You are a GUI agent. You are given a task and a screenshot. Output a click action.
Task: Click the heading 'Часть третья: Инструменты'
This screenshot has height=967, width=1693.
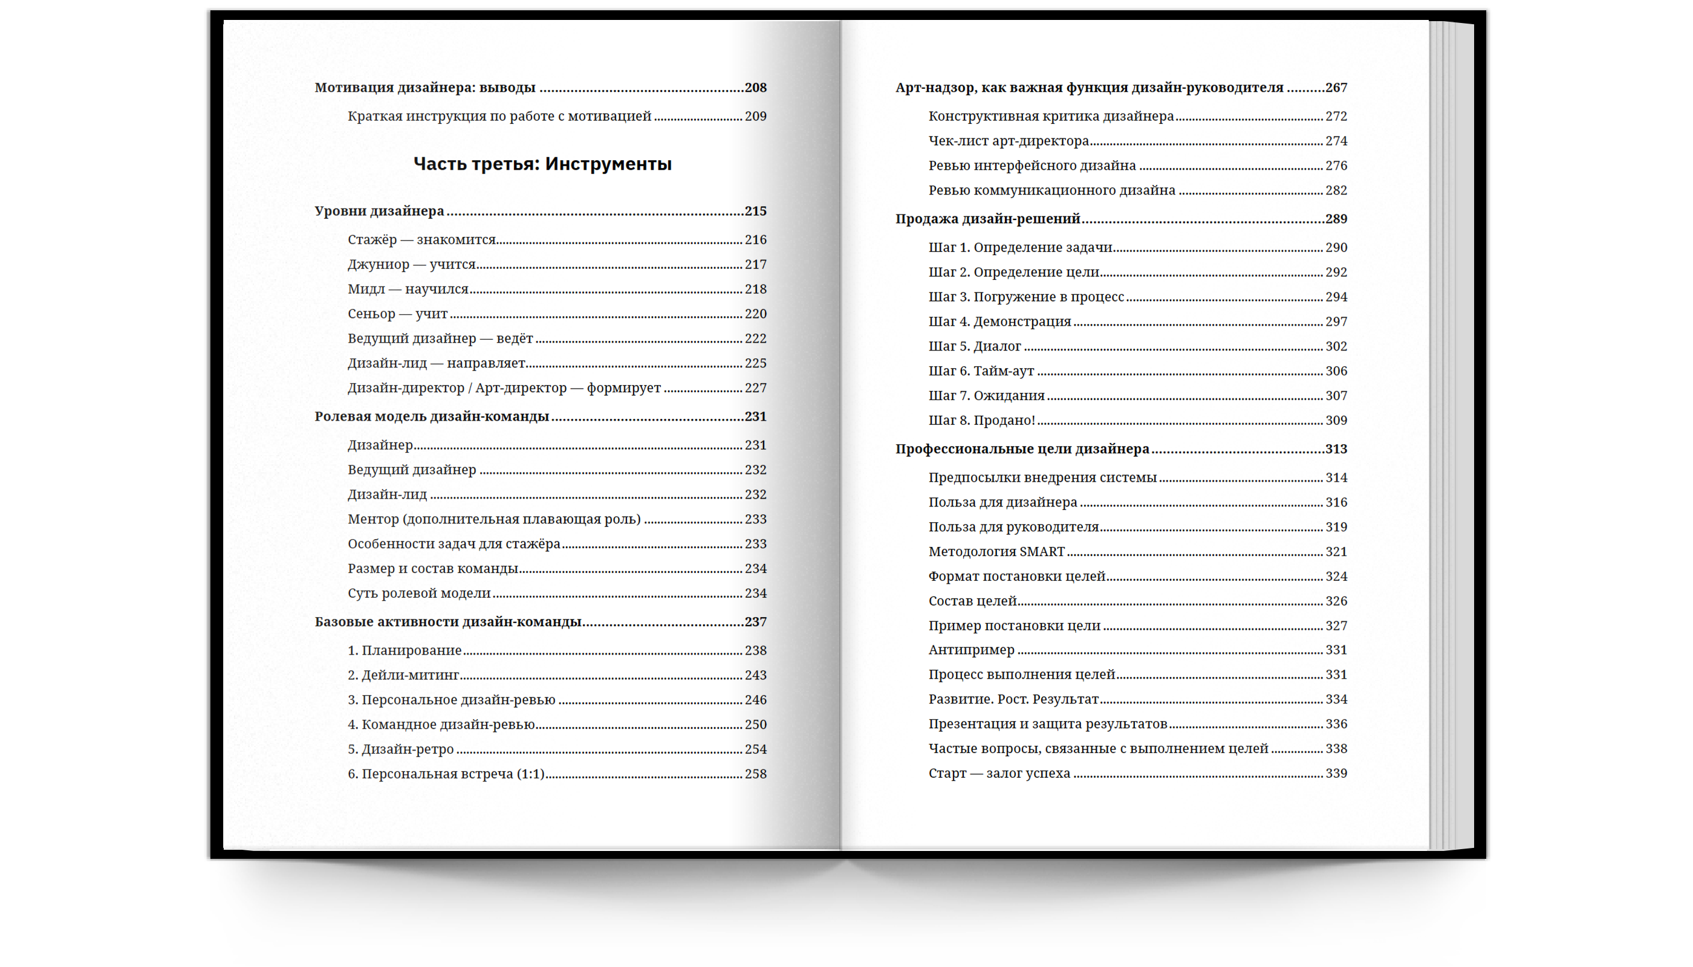tap(542, 164)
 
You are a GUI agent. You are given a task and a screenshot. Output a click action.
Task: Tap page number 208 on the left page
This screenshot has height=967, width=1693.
tap(755, 88)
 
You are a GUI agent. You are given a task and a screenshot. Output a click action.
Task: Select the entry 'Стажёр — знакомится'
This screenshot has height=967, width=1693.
tap(421, 240)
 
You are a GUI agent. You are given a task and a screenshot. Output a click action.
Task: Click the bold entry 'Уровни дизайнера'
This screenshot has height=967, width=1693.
tap(379, 211)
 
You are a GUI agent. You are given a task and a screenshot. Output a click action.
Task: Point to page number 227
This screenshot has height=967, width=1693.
tap(755, 388)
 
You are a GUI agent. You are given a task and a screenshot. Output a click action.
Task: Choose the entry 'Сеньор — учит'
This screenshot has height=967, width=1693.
tap(397, 314)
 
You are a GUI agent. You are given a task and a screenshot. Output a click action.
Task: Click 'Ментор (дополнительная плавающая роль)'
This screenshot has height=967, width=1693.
tap(493, 519)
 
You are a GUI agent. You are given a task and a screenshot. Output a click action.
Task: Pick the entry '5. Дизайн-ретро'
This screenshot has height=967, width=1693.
tap(400, 749)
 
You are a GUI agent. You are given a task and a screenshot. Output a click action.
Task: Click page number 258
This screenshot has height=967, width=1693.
tap(755, 774)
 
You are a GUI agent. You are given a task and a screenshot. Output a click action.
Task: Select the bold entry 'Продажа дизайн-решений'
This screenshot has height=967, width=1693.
tap(987, 219)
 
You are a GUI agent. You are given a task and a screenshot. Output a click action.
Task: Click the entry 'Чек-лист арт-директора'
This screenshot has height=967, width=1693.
tap(1008, 141)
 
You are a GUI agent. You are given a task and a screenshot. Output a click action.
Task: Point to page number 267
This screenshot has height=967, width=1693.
tap(1336, 88)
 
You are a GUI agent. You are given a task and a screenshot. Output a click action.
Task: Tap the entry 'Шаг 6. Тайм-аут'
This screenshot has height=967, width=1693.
tap(981, 371)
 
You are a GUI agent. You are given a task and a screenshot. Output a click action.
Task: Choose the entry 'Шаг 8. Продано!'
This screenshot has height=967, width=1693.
tap(981, 421)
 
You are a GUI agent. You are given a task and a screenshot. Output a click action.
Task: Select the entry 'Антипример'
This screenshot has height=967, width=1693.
tap(970, 650)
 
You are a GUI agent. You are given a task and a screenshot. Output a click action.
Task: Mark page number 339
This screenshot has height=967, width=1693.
tap(1336, 774)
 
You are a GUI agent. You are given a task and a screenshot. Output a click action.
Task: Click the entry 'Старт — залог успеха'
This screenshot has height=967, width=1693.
tap(999, 774)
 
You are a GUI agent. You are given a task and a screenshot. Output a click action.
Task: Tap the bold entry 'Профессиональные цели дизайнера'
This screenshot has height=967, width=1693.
tap(1022, 449)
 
